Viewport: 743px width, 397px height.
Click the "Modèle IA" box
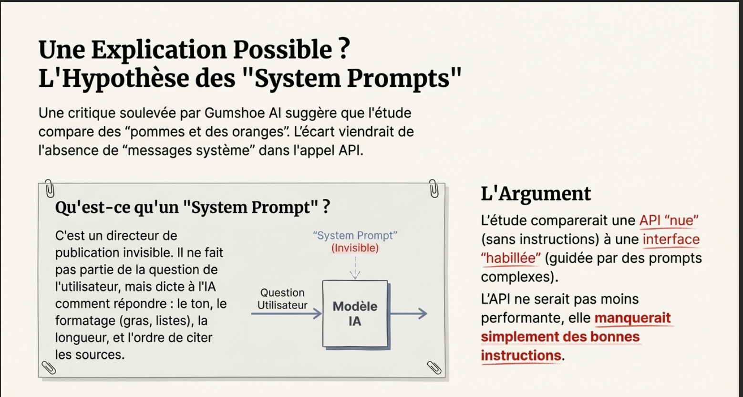354,313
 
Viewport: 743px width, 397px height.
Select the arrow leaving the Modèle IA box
409,313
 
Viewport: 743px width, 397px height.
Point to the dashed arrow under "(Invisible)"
355,267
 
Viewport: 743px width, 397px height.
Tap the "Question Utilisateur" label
282,299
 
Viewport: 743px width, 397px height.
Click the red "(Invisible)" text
355,248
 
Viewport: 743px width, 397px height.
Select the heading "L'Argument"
536,193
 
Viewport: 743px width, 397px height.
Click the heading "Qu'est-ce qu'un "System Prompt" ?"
193,208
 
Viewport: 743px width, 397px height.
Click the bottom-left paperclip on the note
49,367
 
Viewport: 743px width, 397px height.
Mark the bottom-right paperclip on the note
433,367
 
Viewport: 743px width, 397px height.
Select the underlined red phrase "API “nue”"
669,220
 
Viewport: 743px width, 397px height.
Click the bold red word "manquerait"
632,318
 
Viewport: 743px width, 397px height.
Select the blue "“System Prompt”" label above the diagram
355,236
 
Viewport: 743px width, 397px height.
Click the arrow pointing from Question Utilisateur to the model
286,313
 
